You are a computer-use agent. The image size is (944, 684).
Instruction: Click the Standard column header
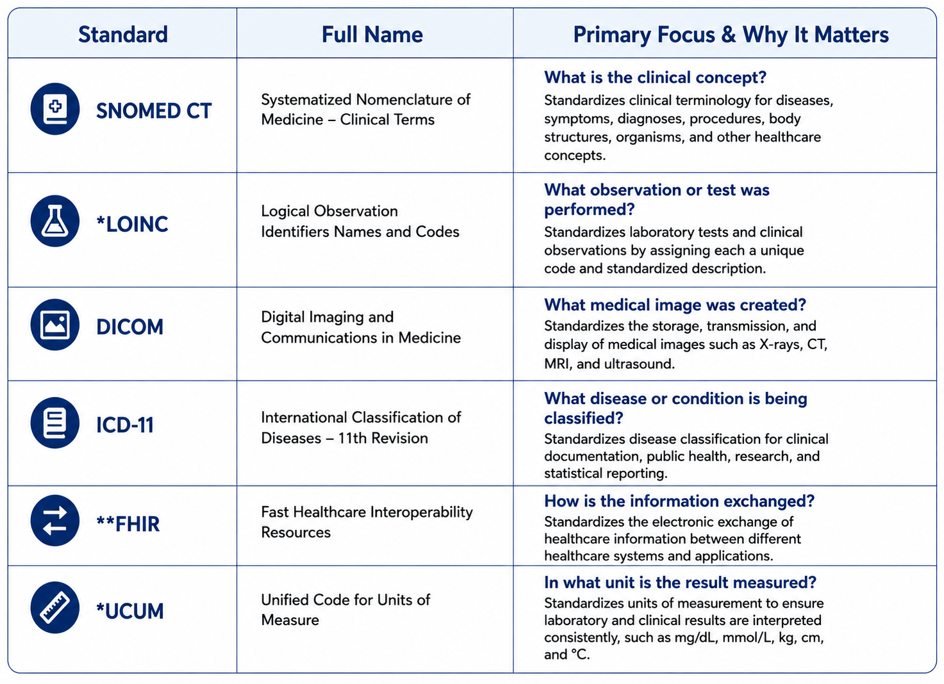pos(122,35)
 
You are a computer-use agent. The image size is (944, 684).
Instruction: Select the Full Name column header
pos(372,35)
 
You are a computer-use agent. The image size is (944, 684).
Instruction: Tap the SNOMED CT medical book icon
pos(55,109)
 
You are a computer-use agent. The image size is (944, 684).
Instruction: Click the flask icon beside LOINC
pos(55,221)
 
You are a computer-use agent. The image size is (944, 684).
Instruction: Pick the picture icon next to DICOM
pos(55,325)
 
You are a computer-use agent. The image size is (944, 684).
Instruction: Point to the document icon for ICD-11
pos(55,423)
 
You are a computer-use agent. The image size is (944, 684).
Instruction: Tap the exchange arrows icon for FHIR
pos(55,521)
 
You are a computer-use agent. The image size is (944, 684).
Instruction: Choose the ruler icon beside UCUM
pos(55,607)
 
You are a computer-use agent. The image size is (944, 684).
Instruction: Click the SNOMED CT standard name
pos(154,111)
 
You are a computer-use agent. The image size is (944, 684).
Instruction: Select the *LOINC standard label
pos(132,224)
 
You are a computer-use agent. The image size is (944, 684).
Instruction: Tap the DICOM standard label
pos(130,327)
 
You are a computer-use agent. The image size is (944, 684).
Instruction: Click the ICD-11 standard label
pos(125,425)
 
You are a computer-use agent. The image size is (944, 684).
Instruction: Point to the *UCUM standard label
pos(130,612)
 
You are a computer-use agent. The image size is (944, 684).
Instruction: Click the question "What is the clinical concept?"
pos(655,78)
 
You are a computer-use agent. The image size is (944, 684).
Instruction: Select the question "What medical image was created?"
pos(675,305)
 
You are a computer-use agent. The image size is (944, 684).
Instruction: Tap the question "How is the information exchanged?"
pos(679,501)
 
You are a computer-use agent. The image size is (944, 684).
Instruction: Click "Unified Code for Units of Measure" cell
pos(345,610)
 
